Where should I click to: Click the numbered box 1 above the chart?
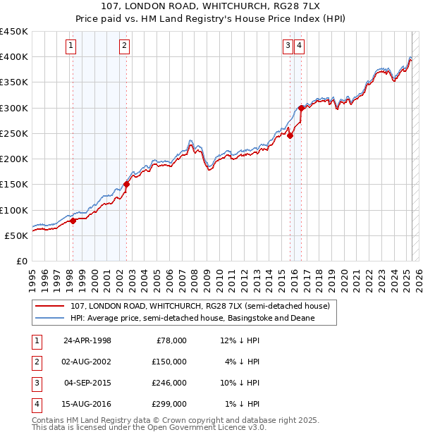(x=72, y=47)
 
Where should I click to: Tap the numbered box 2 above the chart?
(x=124, y=47)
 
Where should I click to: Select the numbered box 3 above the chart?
(x=288, y=47)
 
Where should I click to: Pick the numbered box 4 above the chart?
(x=299, y=47)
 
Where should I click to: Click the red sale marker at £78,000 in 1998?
(x=73, y=221)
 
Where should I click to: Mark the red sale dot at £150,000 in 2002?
(x=126, y=185)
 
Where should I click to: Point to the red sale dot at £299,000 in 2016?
(x=301, y=108)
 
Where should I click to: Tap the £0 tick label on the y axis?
(x=21, y=261)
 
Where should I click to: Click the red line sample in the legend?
(x=49, y=307)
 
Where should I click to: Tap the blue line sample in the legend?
(x=49, y=318)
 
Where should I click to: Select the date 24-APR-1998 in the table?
(x=87, y=340)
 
